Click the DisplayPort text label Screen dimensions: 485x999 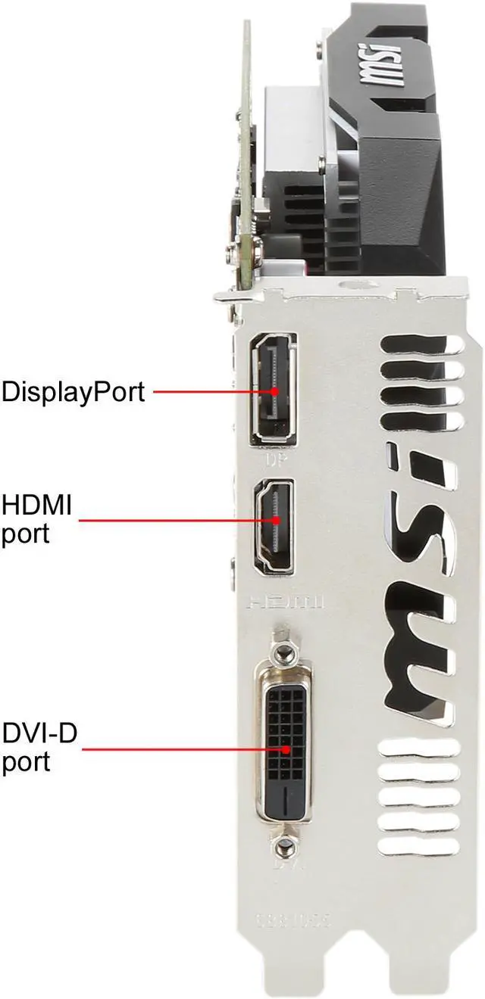[x=73, y=392]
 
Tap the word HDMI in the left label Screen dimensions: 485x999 [x=36, y=505]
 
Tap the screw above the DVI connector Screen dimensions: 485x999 [x=283, y=651]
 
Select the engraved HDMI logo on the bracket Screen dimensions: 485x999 [x=286, y=602]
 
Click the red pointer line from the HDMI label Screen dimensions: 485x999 [x=174, y=521]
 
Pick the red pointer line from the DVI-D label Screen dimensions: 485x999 [x=182, y=748]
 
